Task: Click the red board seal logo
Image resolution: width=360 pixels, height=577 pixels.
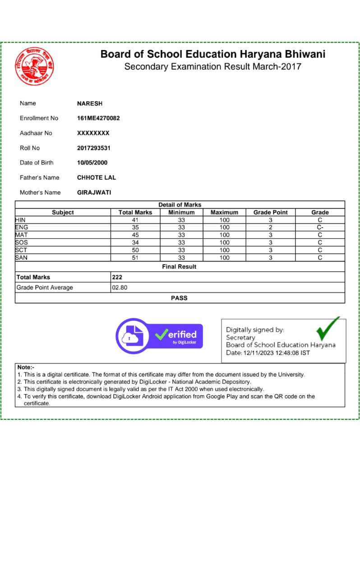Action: [x=34, y=67]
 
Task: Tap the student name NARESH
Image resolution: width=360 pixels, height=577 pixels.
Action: [x=90, y=104]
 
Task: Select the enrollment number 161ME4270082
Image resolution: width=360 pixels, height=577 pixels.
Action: [x=98, y=118]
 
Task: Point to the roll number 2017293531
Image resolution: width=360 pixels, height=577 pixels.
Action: [x=94, y=148]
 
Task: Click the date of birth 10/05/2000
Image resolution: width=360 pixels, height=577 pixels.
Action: [x=92, y=163]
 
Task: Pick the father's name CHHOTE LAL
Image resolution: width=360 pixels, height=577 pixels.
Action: [x=97, y=178]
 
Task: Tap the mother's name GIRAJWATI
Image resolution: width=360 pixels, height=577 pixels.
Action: [x=94, y=192]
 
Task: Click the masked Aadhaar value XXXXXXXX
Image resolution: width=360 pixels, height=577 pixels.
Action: [x=93, y=133]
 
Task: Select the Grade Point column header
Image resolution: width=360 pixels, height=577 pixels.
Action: [x=271, y=212]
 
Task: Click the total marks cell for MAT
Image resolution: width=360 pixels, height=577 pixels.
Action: [x=135, y=235]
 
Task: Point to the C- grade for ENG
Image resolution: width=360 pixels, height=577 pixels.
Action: [x=320, y=228]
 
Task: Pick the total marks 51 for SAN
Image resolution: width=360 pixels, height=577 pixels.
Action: [x=135, y=258]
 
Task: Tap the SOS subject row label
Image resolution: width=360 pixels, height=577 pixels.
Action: [x=22, y=243]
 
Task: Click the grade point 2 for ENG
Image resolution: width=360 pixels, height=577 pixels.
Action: [x=271, y=228]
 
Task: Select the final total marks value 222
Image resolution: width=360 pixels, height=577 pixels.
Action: [x=117, y=277]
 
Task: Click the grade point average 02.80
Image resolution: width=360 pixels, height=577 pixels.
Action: [x=120, y=288]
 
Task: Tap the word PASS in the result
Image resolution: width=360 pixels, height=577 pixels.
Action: [x=179, y=298]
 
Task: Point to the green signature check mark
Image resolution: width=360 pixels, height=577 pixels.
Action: [x=328, y=329]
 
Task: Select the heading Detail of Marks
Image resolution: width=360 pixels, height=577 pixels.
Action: [x=180, y=205]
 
